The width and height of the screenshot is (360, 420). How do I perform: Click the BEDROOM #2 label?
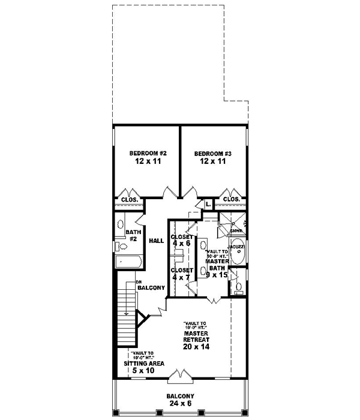tap(148, 154)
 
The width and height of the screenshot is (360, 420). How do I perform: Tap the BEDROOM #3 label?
tap(212, 154)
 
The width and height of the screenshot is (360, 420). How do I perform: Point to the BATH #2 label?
tap(132, 235)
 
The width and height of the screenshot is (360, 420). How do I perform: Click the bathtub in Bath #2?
tap(128, 262)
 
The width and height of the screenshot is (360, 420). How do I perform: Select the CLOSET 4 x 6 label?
tap(182, 241)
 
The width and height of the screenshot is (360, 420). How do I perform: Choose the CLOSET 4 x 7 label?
tap(182, 274)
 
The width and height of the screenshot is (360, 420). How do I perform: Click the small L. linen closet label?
tap(207, 205)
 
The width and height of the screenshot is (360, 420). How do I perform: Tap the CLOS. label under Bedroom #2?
tap(130, 199)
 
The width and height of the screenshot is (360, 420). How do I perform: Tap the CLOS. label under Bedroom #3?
tap(232, 199)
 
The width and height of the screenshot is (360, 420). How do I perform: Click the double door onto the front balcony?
tap(179, 376)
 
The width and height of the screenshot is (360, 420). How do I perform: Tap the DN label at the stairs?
tap(138, 281)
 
